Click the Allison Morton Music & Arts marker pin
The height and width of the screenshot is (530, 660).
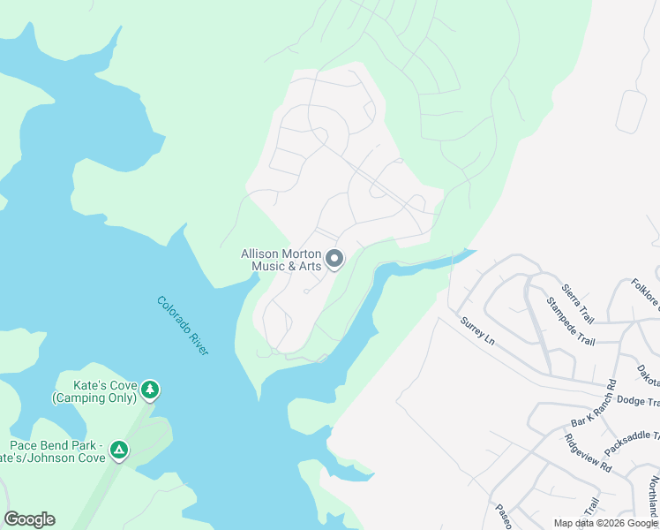coord(334,259)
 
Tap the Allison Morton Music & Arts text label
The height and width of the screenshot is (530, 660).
coord(281,260)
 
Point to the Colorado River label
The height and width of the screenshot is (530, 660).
coord(183,325)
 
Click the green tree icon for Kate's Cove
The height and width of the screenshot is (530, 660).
coord(150,389)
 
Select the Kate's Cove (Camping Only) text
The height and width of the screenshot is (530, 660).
coord(94,391)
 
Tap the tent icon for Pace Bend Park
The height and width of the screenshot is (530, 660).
coord(118,450)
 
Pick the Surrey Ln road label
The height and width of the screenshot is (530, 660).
coord(478,330)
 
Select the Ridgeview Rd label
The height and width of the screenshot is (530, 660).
coord(589,450)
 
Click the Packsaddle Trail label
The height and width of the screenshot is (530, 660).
coord(631,435)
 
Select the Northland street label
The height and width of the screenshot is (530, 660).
coord(652,496)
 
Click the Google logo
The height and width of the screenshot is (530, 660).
coord(29,519)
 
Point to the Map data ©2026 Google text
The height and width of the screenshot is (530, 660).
coord(604,523)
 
